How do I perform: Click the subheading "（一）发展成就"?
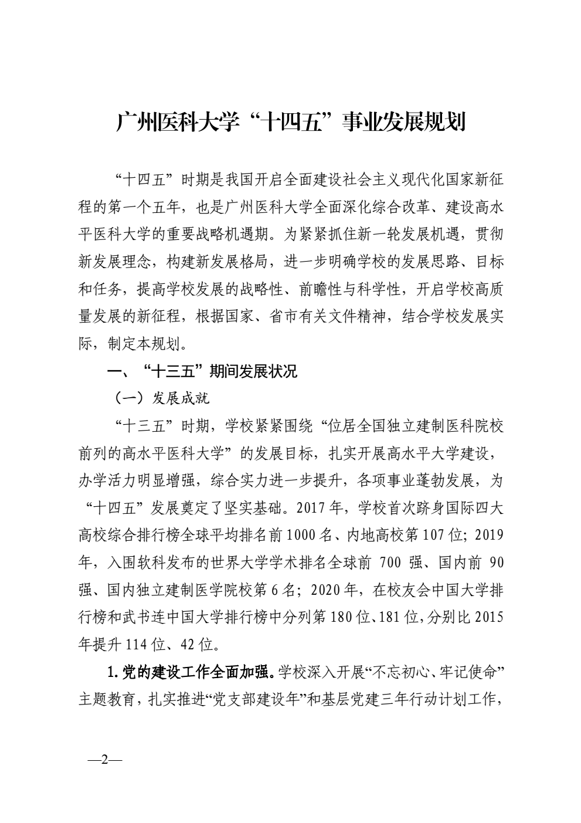point(161,399)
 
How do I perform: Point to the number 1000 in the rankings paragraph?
point(303,536)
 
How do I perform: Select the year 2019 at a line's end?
point(488,536)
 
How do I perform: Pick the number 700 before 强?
point(390,563)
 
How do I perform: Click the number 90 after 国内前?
point(496,563)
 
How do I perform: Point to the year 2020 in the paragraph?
point(326,590)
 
